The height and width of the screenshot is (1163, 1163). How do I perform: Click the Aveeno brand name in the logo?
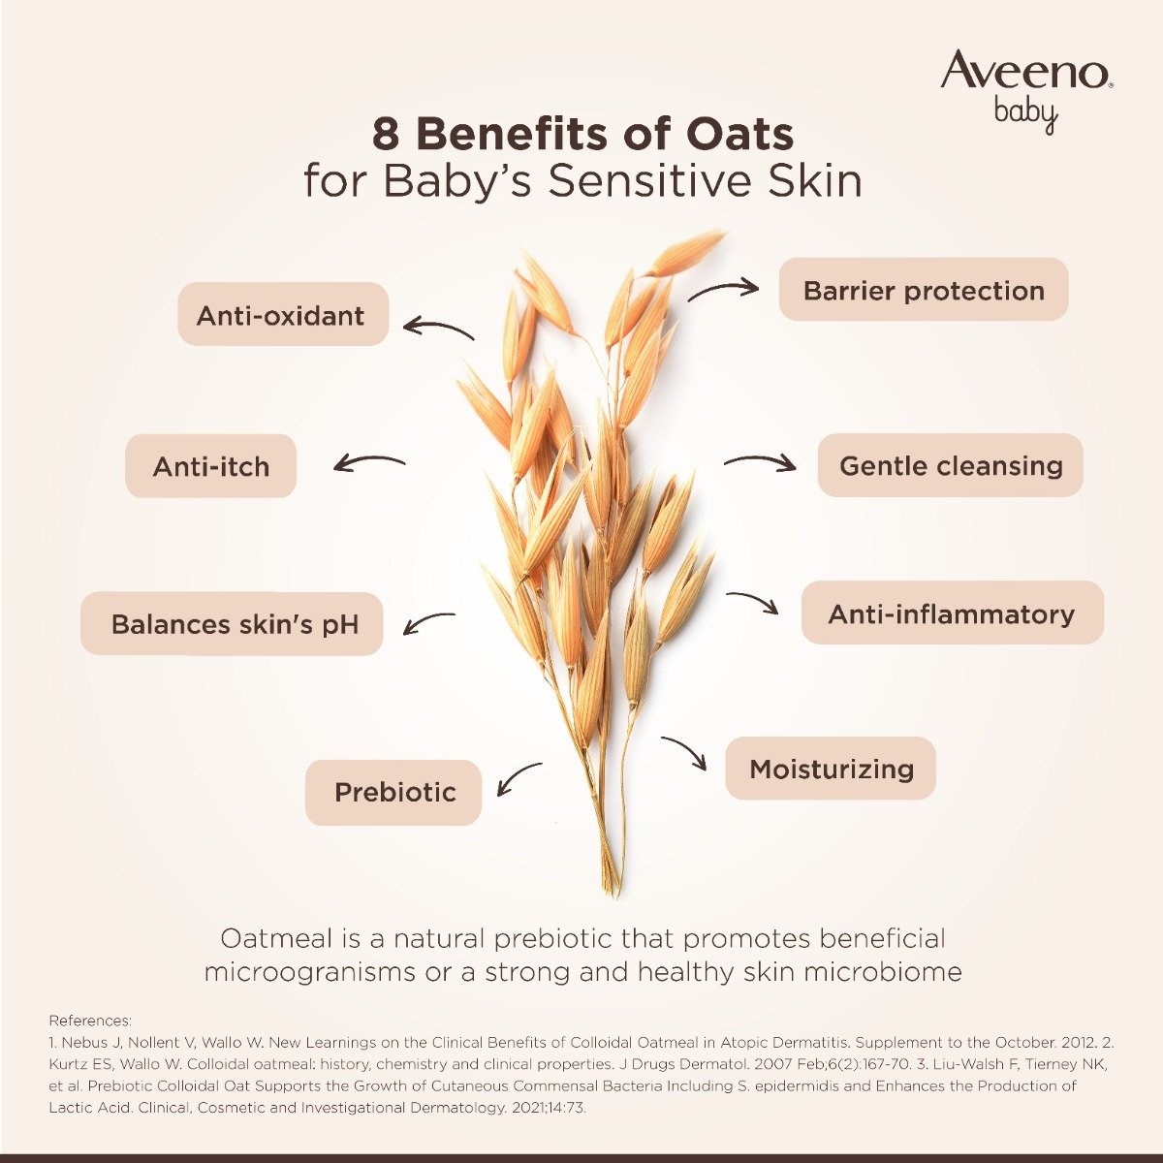pos(1025,72)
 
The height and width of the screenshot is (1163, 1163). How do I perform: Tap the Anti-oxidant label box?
pos(282,315)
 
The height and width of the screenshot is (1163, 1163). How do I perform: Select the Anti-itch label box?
pos(210,466)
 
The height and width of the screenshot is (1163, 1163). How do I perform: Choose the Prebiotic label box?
pos(393,793)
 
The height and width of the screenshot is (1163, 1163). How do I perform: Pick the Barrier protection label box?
pos(923,290)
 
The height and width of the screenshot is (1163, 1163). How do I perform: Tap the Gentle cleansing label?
pos(950,465)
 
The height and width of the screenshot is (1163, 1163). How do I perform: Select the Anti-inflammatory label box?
pos(951,613)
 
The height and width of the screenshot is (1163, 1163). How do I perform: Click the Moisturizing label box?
pos(831,769)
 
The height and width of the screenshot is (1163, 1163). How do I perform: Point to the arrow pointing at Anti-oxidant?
pos(438,329)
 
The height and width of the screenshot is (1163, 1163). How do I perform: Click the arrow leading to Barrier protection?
pos(723,288)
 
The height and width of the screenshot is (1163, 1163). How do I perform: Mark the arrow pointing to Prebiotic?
pos(518,777)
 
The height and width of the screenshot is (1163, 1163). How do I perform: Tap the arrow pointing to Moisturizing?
pos(685,752)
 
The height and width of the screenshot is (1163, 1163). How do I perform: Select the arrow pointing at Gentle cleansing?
pos(760,462)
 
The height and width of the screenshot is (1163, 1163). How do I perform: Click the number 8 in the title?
pos(385,135)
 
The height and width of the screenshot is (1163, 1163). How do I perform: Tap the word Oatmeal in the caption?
pos(275,938)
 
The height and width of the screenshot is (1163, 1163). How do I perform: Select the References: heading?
pos(90,1021)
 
